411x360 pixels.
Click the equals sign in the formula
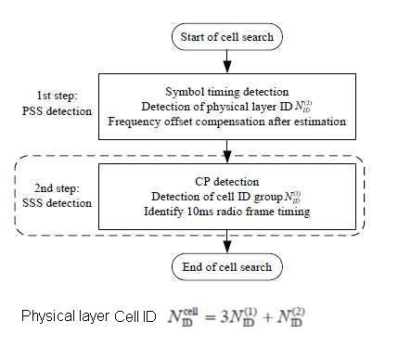click(218, 317)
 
